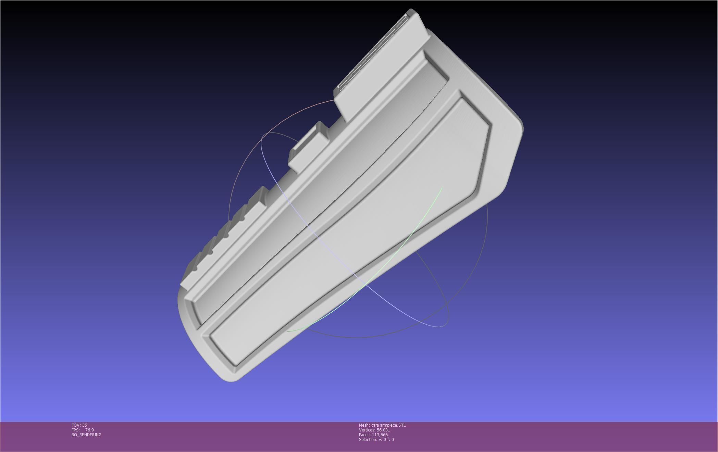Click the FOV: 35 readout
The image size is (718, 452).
[x=79, y=425]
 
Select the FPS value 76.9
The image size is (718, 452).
[x=89, y=430]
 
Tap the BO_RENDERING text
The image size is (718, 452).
[x=86, y=435]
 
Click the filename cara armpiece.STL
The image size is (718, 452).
[x=388, y=425]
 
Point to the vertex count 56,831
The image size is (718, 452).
[x=383, y=430]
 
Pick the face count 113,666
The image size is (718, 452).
[x=380, y=435]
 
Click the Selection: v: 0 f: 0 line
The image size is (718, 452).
[x=376, y=439]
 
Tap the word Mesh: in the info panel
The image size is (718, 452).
[x=364, y=425]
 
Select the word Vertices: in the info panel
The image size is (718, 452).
[x=367, y=430]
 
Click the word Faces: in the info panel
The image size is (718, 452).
[x=364, y=435]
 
